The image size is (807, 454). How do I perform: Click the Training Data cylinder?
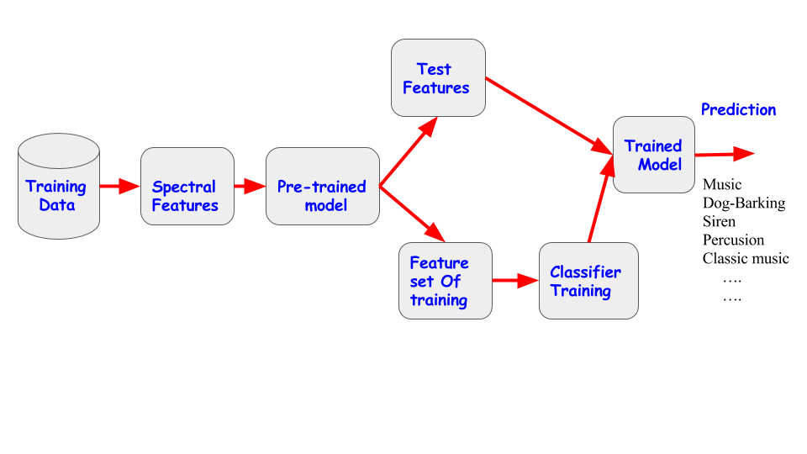(x=59, y=187)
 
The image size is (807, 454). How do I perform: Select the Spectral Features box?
(x=187, y=187)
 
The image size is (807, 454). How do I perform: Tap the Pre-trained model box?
(x=323, y=187)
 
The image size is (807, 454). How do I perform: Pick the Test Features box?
(x=438, y=77)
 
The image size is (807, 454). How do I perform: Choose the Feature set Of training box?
(x=446, y=281)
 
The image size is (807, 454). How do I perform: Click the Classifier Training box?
(x=588, y=281)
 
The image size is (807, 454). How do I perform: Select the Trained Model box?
(x=654, y=155)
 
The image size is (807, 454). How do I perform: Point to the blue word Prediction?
(x=739, y=109)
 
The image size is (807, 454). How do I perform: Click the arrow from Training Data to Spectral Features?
(x=120, y=186)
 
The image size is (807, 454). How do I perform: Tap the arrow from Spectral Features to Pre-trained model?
(x=250, y=186)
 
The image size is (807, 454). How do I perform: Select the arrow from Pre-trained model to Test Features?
(x=409, y=151)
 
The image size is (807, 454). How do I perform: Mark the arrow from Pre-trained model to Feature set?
(x=412, y=214)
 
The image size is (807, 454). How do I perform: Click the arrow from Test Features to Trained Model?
(x=549, y=116)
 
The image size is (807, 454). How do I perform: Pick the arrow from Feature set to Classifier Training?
(x=515, y=281)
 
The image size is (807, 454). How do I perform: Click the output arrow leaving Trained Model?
(x=725, y=154)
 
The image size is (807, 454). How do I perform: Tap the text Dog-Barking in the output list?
(x=744, y=203)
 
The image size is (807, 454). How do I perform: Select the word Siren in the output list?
(x=719, y=221)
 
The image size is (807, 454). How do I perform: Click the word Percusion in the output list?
(x=733, y=240)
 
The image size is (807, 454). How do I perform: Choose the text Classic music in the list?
(x=746, y=258)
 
